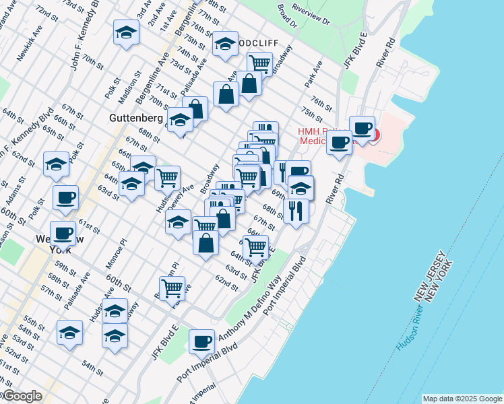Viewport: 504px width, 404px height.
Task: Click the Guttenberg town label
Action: coord(135,117)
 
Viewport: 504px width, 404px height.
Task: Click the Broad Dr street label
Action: coord(287,15)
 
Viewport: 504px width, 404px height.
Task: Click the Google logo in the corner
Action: coord(22,397)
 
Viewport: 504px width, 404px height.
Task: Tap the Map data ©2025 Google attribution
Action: coord(462,399)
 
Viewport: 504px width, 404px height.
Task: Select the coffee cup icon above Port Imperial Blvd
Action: coord(201,341)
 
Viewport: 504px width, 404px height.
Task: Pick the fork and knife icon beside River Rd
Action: coord(296,211)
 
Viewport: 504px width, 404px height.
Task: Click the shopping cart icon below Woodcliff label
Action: coord(259,64)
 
